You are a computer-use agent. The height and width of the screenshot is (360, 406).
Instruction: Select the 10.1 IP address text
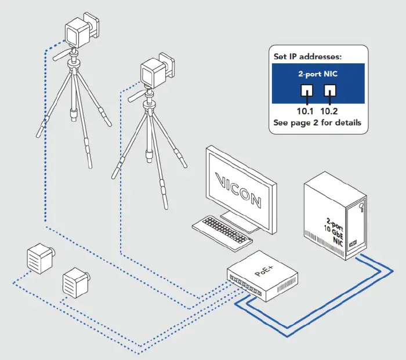[x=304, y=111]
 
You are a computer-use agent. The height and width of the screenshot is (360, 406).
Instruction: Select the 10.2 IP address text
[x=330, y=111]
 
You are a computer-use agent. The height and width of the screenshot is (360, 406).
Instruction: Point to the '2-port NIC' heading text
[x=317, y=74]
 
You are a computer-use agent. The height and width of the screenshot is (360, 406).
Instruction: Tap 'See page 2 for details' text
[x=317, y=123]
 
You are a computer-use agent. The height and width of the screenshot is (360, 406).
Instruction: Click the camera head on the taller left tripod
[x=78, y=32]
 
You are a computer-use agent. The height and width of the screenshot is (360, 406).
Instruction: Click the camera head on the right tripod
[x=154, y=71]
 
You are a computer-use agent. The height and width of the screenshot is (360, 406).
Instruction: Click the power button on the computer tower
[x=361, y=205]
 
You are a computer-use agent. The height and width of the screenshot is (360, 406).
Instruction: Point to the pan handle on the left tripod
[x=60, y=57]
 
